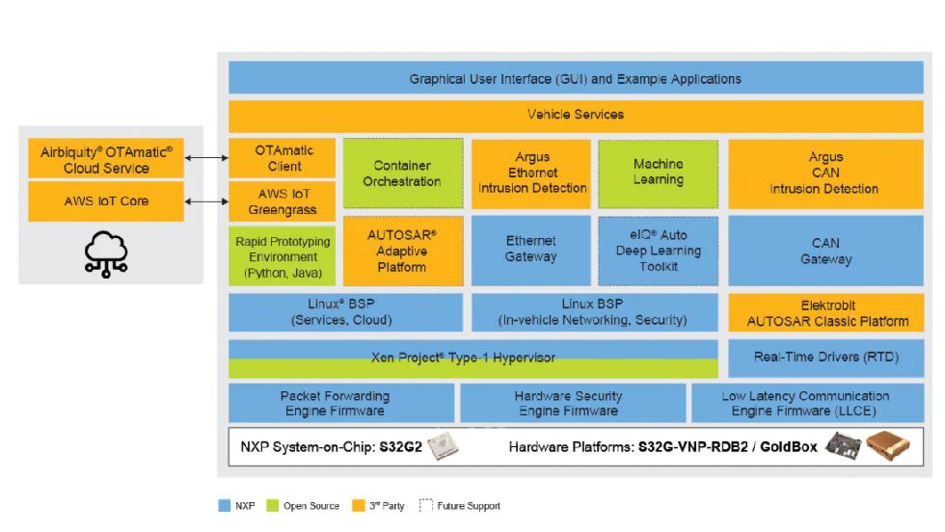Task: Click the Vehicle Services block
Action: pos(575,115)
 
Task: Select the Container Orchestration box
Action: pos(401,173)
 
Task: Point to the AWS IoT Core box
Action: pos(107,202)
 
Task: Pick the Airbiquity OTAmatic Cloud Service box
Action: pos(107,159)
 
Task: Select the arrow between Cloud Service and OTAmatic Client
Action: pos(206,158)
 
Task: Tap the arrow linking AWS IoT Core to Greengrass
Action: pos(206,201)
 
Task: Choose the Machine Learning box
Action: pos(658,173)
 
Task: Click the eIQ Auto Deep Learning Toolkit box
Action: pos(658,250)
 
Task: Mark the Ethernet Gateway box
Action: pos(530,250)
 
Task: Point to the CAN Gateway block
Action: pos(825,251)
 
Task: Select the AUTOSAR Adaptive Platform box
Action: pos(401,250)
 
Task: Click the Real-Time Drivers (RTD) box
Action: pos(825,358)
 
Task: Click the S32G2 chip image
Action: pos(443,447)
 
